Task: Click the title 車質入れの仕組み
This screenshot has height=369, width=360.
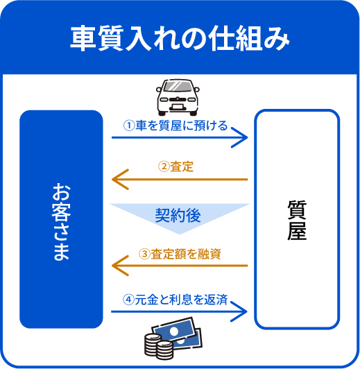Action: tap(180, 38)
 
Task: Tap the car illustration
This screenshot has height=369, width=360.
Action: tap(178, 97)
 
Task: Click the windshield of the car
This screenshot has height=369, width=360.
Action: tap(178, 86)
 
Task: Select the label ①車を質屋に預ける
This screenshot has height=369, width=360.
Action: tap(175, 126)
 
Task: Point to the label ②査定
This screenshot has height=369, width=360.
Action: tap(175, 166)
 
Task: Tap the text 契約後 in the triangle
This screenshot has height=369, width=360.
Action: tap(178, 216)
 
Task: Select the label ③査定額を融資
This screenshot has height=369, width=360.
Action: tap(180, 254)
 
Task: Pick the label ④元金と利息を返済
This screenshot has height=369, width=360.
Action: tap(175, 300)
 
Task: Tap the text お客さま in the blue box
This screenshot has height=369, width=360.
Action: tap(61, 221)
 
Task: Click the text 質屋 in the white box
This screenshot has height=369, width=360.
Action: tap(297, 220)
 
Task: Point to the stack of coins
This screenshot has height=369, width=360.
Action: tap(158, 346)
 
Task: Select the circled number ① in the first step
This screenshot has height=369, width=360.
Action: tap(129, 126)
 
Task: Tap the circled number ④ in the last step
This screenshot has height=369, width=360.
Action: tap(128, 300)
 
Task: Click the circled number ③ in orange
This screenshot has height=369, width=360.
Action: tap(144, 254)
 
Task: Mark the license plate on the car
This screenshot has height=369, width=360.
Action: tap(178, 107)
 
